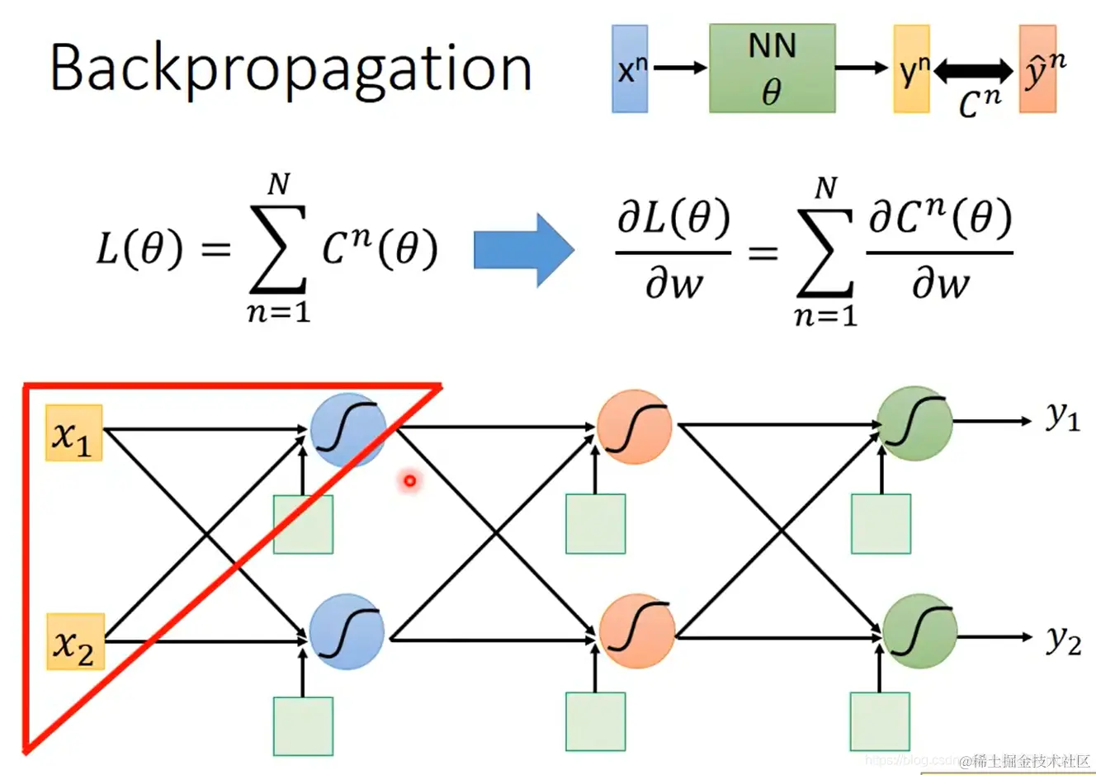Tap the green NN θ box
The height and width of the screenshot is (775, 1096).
tap(772, 68)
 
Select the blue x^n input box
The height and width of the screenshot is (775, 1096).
tap(630, 69)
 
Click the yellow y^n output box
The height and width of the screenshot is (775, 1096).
tap(911, 69)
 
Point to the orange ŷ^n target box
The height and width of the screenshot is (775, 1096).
tap(1038, 69)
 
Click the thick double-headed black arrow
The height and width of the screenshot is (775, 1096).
tap(974, 71)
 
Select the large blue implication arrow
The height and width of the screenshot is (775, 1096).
tap(523, 249)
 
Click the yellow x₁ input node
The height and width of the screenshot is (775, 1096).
tap(74, 432)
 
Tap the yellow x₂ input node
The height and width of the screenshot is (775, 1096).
tap(75, 641)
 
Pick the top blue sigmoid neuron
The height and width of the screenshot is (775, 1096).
tap(347, 429)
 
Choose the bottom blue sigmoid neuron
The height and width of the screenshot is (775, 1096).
tap(347, 632)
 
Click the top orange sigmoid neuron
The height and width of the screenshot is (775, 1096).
tap(635, 428)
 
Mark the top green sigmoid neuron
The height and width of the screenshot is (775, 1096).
tap(914, 423)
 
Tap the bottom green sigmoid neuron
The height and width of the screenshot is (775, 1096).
tap(919, 632)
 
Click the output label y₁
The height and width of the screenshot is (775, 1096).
tap(1063, 418)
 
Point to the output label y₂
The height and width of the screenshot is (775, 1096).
tap(1064, 640)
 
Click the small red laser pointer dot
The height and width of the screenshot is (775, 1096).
tap(409, 480)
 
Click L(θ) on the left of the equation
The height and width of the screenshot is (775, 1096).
tap(139, 248)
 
